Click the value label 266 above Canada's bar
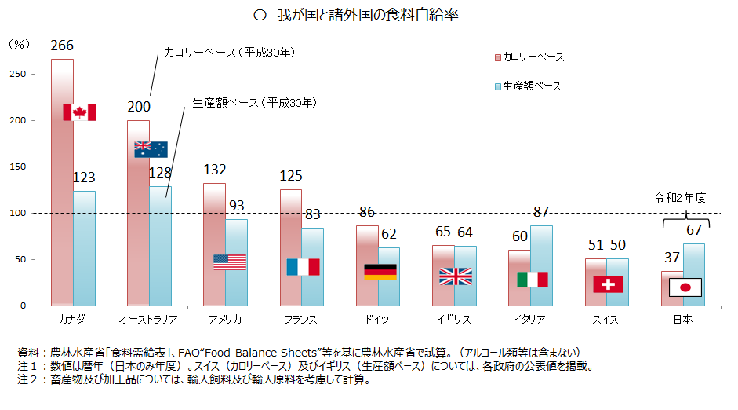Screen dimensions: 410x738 pyautogui.click(x=62, y=46)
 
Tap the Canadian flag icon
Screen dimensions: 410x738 pyautogui.click(x=79, y=112)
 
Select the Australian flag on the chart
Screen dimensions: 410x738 pyautogui.click(x=151, y=149)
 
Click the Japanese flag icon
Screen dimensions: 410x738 pyautogui.click(x=685, y=287)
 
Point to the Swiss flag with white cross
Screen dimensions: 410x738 pyautogui.click(x=608, y=284)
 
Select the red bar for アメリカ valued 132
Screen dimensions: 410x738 pyautogui.click(x=214, y=243)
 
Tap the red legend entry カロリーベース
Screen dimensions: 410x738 pyautogui.click(x=529, y=57)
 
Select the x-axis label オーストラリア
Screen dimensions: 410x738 pyautogui.click(x=147, y=320)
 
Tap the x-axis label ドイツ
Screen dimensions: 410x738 pyautogui.click(x=377, y=320)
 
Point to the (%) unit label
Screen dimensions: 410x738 pyautogui.click(x=18, y=45)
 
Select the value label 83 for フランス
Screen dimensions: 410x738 pyautogui.click(x=312, y=214)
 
